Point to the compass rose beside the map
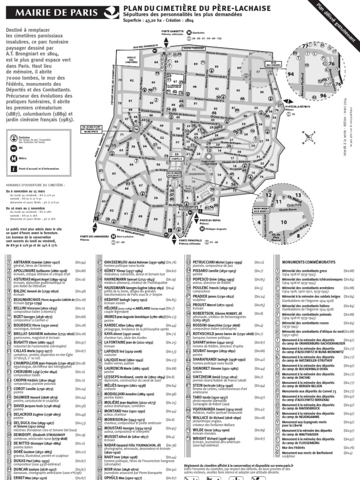coord(309,137)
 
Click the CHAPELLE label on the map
coord(177,159)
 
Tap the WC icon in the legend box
coord(14,148)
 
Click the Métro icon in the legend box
coord(14,158)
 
